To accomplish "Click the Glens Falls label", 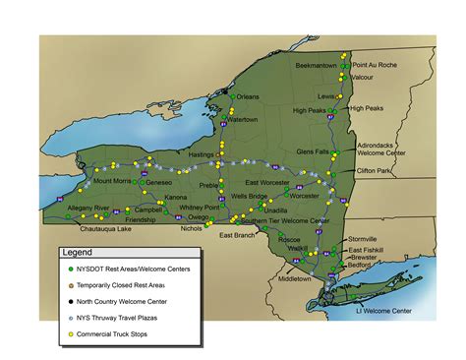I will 313,151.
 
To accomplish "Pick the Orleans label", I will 248,96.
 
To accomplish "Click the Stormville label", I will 362,239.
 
